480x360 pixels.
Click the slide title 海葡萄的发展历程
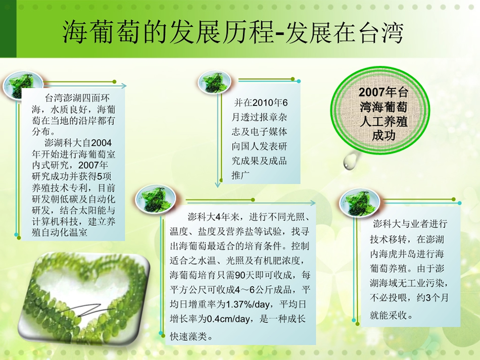click(x=168, y=32)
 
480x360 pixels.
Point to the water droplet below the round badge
click(x=349, y=161)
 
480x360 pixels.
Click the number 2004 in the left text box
click(x=102, y=143)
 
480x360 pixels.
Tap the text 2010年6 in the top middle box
click(x=270, y=102)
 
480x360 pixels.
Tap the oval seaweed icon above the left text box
click(x=23, y=85)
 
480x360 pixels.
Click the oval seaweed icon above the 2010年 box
click(x=214, y=82)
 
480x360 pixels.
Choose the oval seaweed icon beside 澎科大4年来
click(x=156, y=199)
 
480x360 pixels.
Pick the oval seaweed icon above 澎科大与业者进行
click(x=360, y=202)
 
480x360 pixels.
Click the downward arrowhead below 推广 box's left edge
click(x=218, y=185)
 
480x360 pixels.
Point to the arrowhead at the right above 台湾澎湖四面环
click(x=123, y=86)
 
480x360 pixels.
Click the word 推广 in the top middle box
click(x=241, y=175)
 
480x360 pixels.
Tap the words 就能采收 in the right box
click(x=389, y=316)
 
